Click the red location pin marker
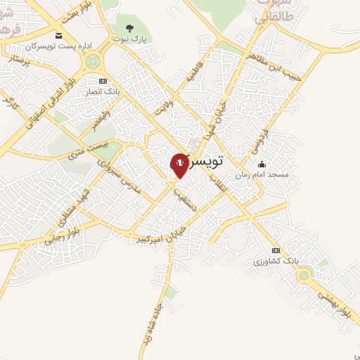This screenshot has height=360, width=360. [179, 164]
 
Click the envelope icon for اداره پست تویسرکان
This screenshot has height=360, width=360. [58, 36]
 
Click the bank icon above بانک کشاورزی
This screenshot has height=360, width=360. [276, 250]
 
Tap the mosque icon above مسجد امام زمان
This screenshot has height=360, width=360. [262, 164]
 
